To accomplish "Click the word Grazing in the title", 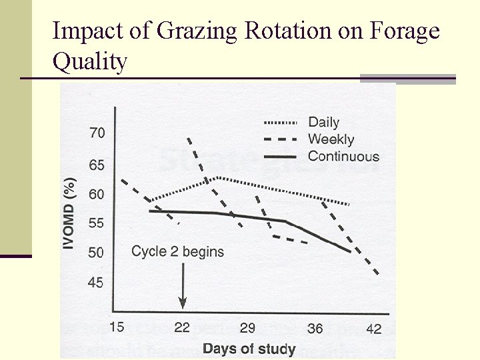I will point(188,32).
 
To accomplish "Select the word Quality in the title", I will point(89,62).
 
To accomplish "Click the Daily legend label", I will point(323,122).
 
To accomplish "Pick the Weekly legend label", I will point(331,139).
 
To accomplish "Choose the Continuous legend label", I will point(343,157).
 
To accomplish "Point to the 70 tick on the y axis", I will point(97,133).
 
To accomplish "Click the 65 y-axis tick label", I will point(97,164).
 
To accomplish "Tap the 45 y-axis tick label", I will point(97,283).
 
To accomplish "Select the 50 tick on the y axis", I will point(97,252).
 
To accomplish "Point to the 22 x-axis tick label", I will point(182,327).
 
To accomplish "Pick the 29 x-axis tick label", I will point(247,327).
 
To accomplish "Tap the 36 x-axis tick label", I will point(316,327).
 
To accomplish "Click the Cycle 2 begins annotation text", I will point(177,251).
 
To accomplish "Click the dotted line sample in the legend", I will point(281,122).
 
